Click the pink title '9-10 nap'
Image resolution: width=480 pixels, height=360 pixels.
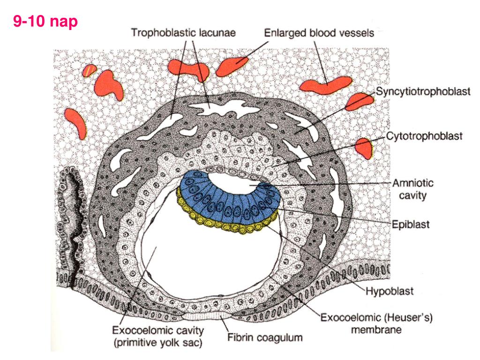[x=45, y=21]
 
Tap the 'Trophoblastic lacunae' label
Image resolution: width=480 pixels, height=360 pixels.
[x=183, y=33]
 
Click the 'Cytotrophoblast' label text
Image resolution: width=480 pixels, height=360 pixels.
[x=425, y=137]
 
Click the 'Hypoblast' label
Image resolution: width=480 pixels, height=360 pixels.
[x=389, y=292]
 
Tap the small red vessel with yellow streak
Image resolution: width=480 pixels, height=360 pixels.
[x=89, y=70]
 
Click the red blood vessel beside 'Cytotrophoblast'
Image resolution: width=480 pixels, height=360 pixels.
[x=363, y=148]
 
